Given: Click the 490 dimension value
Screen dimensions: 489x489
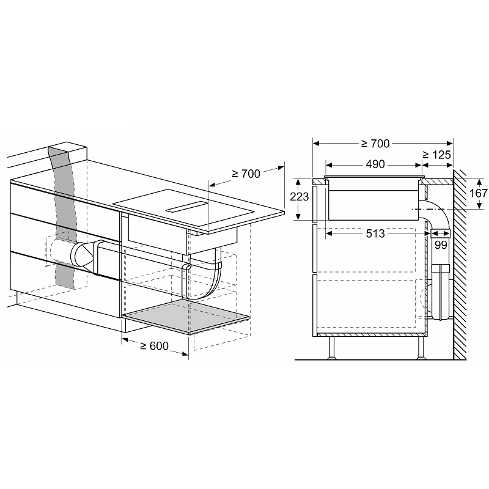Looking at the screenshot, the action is pyautogui.click(x=375, y=164).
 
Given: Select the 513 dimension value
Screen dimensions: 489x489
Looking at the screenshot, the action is pyautogui.click(x=375, y=233).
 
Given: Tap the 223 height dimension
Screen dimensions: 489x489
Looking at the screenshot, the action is pyautogui.click(x=300, y=196).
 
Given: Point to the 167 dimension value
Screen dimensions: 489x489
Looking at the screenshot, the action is pyautogui.click(x=479, y=193).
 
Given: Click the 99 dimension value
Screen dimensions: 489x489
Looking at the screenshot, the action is pyautogui.click(x=441, y=245).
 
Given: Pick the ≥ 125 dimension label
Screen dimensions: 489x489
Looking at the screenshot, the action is pyautogui.click(x=436, y=155).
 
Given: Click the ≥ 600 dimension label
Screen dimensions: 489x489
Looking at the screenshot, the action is pyautogui.click(x=155, y=345).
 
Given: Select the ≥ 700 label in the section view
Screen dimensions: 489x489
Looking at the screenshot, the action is pyautogui.click(x=375, y=144).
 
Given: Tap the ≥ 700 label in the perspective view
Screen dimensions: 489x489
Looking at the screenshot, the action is pyautogui.click(x=246, y=174).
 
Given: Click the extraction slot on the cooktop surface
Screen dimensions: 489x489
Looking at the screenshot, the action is pyautogui.click(x=186, y=207).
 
